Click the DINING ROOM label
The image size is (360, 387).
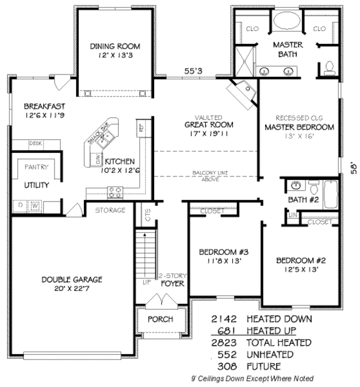coord(115,46)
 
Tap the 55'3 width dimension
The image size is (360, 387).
coord(192,72)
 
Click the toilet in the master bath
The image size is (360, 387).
coord(329,68)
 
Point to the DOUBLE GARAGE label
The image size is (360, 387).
coord(71,279)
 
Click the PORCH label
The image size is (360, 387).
coord(160,319)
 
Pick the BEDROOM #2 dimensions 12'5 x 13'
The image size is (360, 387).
coord(301,269)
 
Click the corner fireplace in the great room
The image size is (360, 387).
coord(241,93)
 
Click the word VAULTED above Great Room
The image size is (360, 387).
coord(209,117)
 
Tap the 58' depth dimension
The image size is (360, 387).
coord(354,167)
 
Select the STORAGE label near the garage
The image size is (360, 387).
coord(110,210)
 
